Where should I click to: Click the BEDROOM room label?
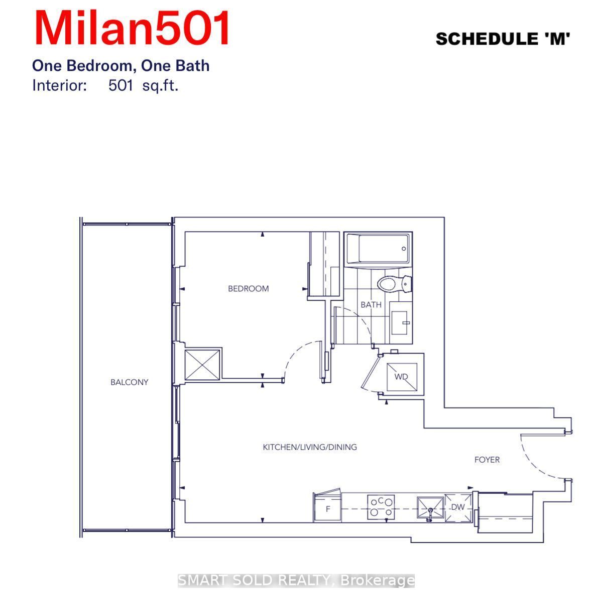(248, 288)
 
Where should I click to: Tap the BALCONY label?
(129, 382)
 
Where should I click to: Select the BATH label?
(371, 304)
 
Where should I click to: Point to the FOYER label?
(487, 459)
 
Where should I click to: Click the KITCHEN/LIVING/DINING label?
(309, 447)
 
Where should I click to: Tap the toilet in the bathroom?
(394, 284)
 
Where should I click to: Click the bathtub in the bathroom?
(378, 249)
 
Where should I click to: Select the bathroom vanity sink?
(400, 323)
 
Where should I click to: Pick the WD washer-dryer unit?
(402, 377)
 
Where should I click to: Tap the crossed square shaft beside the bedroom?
(202, 365)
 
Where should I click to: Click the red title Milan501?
(132, 28)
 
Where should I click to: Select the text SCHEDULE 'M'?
(503, 39)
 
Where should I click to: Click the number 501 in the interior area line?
(121, 85)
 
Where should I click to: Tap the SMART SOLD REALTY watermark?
(296, 580)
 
